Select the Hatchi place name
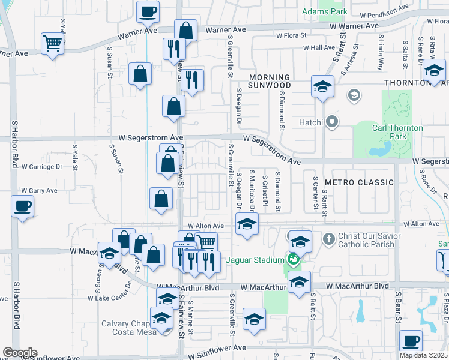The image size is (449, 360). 312,123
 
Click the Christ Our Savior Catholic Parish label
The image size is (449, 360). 366,240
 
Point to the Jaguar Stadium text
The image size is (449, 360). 255,260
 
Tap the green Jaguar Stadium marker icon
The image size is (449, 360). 293,260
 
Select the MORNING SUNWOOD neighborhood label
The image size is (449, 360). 270,82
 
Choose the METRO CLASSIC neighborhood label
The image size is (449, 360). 358,181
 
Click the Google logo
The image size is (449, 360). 19,353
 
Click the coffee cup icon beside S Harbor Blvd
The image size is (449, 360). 23,206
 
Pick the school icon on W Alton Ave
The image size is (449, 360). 247,224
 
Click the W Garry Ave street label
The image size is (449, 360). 39,190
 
